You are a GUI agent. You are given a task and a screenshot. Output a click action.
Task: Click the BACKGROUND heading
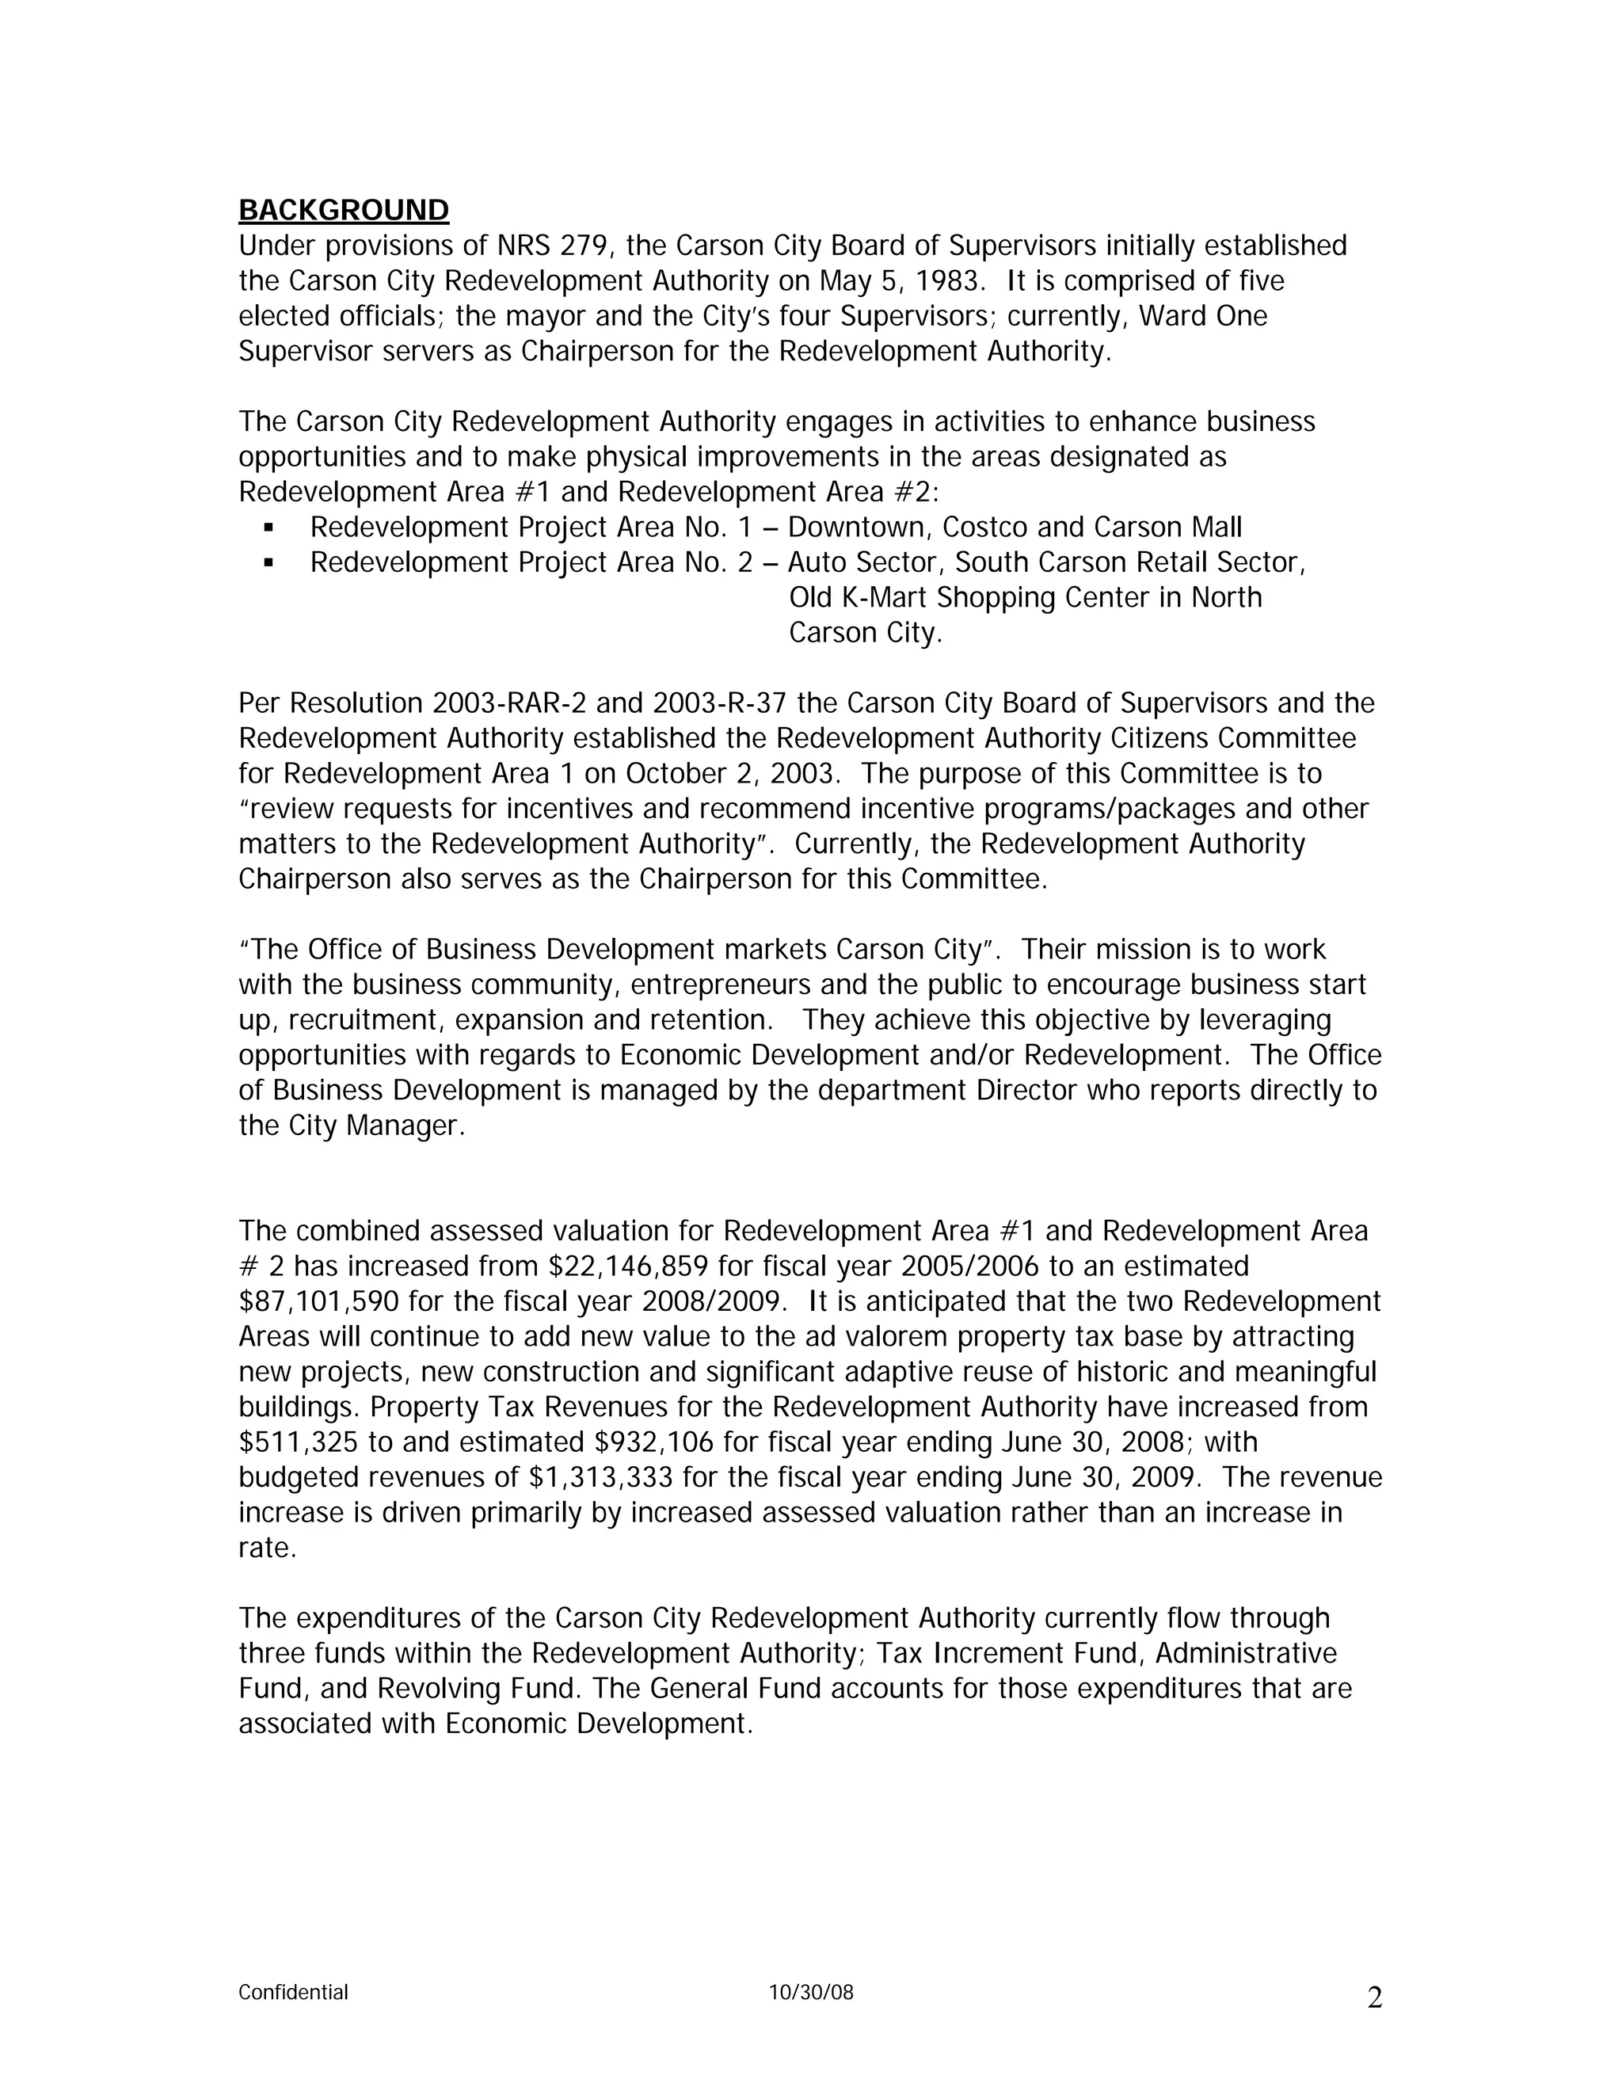click(343, 211)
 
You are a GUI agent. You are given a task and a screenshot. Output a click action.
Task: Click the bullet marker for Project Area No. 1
click(268, 528)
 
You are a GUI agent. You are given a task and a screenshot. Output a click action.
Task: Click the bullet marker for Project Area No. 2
click(268, 563)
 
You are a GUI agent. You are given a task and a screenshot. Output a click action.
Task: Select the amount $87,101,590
click(319, 1302)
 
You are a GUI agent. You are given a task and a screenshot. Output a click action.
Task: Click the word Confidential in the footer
click(293, 1992)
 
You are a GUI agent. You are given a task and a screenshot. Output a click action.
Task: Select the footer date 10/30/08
click(811, 1992)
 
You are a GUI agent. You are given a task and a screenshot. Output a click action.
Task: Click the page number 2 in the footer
click(1374, 1998)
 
